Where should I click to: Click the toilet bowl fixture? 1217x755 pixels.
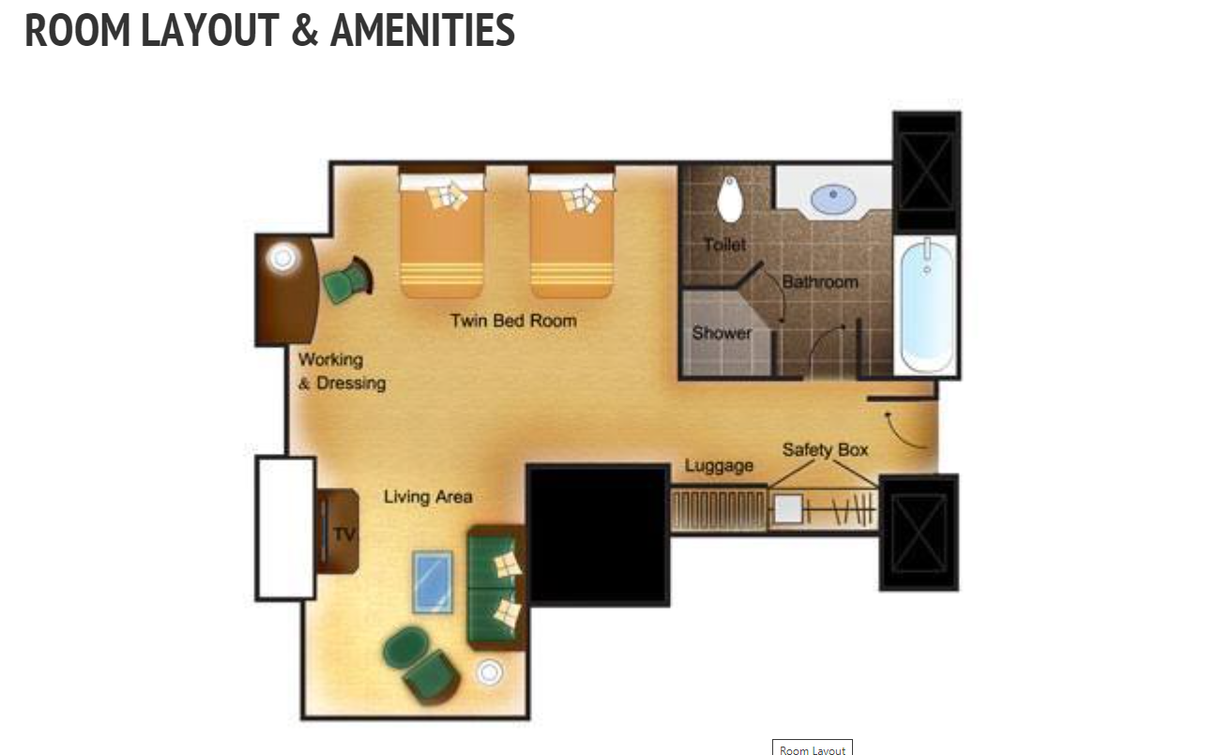pyautogui.click(x=730, y=199)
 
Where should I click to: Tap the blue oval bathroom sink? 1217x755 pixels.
pyautogui.click(x=833, y=199)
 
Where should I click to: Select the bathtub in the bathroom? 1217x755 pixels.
pyautogui.click(x=926, y=306)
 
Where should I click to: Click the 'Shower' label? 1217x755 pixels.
pyautogui.click(x=722, y=332)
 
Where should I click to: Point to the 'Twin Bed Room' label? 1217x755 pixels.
pyautogui.click(x=513, y=321)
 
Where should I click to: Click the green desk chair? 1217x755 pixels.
pyautogui.click(x=348, y=279)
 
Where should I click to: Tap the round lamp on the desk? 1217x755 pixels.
pyautogui.click(x=282, y=258)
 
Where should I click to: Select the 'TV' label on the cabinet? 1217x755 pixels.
pyautogui.click(x=344, y=535)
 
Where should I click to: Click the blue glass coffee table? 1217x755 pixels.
pyautogui.click(x=433, y=581)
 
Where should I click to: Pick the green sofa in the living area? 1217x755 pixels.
pyautogui.click(x=495, y=588)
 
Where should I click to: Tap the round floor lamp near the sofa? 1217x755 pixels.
pyautogui.click(x=489, y=672)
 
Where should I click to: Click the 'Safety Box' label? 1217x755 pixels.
pyautogui.click(x=825, y=450)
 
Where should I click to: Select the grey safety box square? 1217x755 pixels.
pyautogui.click(x=788, y=509)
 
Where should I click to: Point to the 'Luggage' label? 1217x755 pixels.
pyautogui.click(x=719, y=465)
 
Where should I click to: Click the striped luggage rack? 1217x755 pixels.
pyautogui.click(x=718, y=510)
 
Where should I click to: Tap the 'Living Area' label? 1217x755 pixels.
pyautogui.click(x=428, y=496)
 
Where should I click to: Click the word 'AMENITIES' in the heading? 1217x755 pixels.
pyautogui.click(x=422, y=30)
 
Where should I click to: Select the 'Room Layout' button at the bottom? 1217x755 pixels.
pyautogui.click(x=813, y=747)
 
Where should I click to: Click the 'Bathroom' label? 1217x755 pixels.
pyautogui.click(x=820, y=282)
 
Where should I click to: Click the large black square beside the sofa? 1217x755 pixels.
pyautogui.click(x=598, y=535)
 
